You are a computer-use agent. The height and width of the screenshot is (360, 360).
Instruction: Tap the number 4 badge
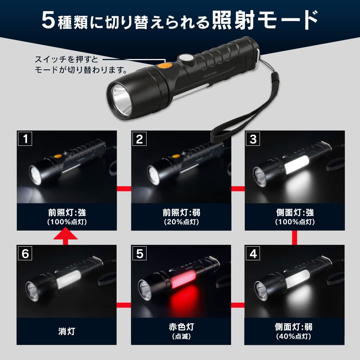(253, 253)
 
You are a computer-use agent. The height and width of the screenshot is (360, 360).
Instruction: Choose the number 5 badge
(139, 253)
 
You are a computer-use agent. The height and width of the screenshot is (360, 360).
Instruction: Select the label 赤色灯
(181, 327)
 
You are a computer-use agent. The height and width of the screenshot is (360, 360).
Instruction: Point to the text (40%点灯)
(294, 337)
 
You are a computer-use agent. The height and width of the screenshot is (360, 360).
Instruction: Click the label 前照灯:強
(67, 213)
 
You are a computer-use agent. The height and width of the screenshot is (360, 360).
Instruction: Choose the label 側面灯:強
(294, 213)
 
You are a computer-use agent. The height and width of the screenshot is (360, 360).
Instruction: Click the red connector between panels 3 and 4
(294, 238)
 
